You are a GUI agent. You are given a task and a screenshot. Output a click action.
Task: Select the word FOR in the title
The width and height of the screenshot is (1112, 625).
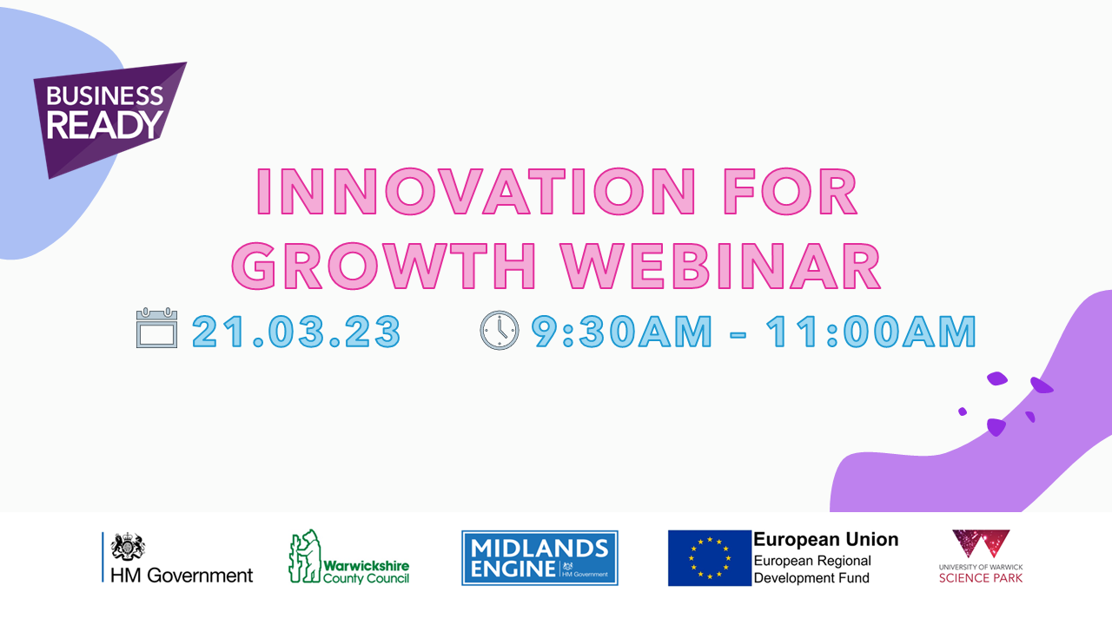point(791,192)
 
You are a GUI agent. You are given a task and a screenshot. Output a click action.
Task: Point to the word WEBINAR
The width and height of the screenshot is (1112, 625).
point(721,266)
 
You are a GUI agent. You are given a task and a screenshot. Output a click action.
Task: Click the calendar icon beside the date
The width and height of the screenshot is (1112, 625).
point(157,328)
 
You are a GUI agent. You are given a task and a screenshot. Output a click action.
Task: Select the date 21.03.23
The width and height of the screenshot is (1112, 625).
point(296,331)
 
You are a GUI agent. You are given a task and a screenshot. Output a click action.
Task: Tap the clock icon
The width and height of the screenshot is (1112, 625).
point(500,331)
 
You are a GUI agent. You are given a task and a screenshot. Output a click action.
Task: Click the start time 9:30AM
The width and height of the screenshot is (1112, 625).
point(622,331)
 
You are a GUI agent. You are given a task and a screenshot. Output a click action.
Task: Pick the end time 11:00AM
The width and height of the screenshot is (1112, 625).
point(871,331)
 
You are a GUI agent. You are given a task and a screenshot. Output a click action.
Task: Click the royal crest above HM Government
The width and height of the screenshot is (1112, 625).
point(128,546)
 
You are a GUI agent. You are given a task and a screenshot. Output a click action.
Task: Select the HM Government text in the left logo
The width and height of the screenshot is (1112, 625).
point(182,576)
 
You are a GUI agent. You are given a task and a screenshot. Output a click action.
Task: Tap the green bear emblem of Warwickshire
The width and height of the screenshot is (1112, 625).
point(305,556)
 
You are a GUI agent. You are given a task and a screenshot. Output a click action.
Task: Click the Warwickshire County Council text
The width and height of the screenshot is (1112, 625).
point(367,572)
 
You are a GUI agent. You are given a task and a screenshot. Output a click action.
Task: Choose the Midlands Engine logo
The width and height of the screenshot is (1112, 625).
point(539,558)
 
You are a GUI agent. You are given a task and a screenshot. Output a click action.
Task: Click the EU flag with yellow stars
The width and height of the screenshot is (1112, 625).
point(710,558)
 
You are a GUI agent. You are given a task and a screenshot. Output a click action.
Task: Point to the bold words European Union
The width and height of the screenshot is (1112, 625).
point(826,539)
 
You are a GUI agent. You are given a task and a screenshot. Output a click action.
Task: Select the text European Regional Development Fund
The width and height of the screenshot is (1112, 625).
point(812,569)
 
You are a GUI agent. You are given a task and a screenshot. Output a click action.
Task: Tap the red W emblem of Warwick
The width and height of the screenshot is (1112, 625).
point(981,543)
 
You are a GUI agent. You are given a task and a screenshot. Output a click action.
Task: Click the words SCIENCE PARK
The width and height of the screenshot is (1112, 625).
point(981,578)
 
